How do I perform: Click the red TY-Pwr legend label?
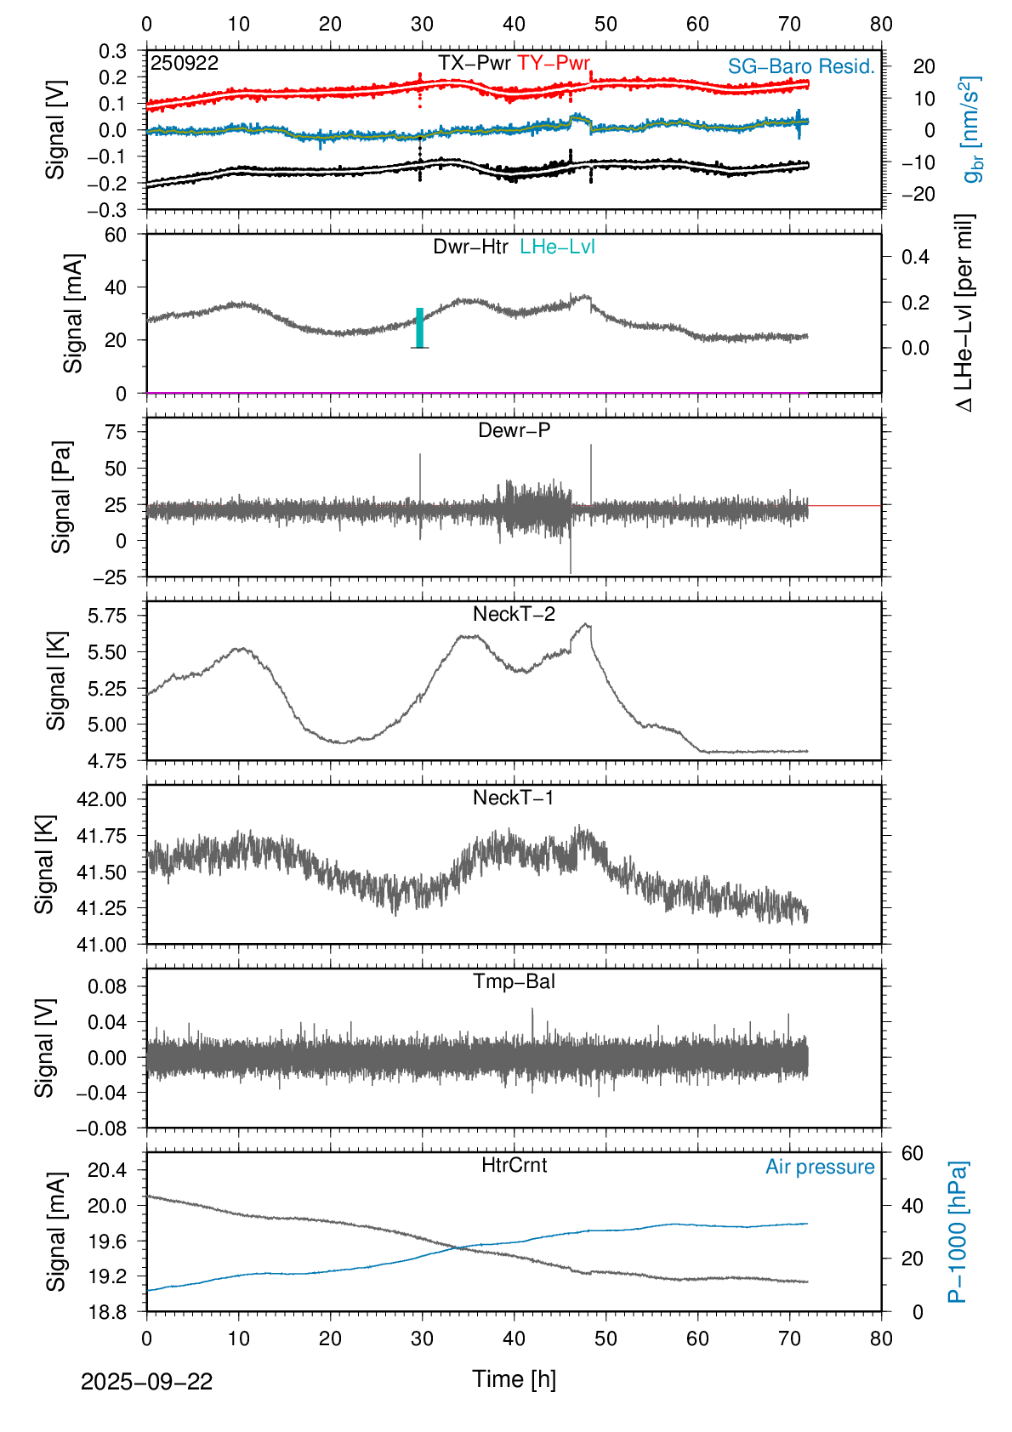coord(554,63)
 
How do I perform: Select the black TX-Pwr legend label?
coord(475,63)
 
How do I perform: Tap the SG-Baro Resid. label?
coord(801,66)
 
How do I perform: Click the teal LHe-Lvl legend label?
coord(557,247)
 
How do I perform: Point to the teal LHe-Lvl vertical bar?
coord(420,327)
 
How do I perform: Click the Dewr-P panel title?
coord(514,430)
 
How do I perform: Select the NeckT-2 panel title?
coord(514,614)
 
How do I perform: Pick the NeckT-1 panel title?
coord(514,798)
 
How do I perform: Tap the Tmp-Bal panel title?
coord(514,981)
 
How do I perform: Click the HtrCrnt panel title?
coord(514,1165)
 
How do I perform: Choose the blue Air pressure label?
coord(820,1167)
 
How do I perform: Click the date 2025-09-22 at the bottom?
coord(146,1382)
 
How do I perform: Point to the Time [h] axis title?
coord(514,1378)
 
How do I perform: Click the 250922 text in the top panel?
coord(185,63)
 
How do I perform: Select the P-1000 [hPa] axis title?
coord(958,1231)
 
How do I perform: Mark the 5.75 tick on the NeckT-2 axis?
coord(107,616)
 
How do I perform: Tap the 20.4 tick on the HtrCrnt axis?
coord(107,1170)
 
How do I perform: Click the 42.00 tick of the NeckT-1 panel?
coord(102,799)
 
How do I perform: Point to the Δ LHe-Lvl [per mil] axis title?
coord(964,313)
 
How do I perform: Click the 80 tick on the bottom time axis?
coord(881,1338)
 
